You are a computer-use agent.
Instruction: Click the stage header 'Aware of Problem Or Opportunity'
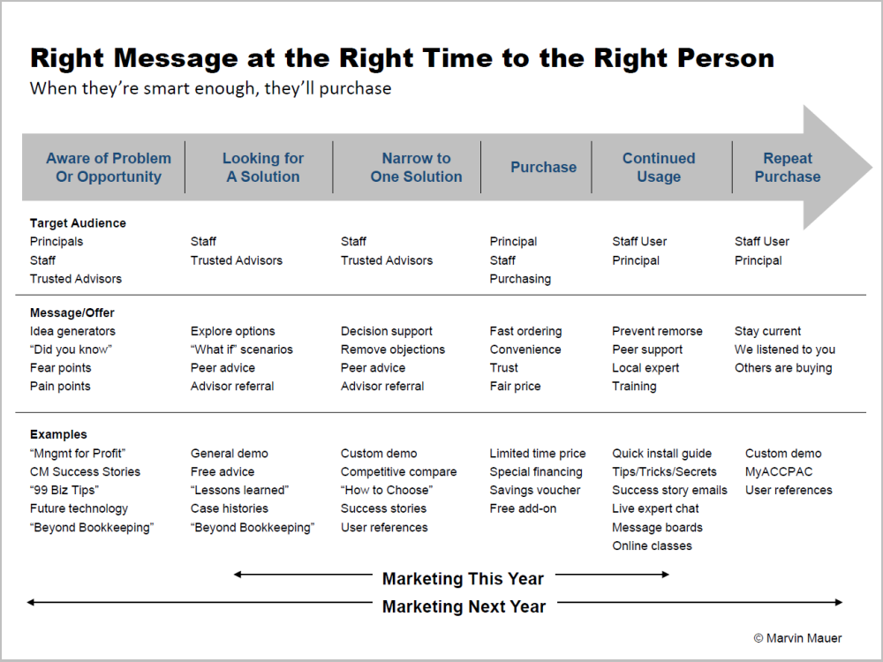point(109,167)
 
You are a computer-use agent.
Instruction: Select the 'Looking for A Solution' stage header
point(263,167)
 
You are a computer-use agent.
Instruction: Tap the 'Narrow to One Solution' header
point(416,167)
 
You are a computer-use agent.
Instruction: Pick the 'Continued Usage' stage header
point(659,167)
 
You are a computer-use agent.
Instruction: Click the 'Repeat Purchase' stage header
point(788,167)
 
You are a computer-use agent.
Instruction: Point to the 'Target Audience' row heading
point(78,223)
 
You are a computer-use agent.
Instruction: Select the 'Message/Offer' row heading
point(72,312)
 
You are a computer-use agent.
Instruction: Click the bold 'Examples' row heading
point(58,434)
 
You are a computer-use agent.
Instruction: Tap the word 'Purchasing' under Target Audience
point(520,279)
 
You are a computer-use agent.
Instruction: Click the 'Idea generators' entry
point(72,331)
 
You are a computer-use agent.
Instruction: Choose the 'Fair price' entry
point(515,387)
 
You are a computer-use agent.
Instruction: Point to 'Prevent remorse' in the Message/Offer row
point(657,331)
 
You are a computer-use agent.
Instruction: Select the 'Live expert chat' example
point(655,508)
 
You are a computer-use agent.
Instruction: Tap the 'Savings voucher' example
point(535,490)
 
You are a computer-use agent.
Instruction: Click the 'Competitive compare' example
point(398,471)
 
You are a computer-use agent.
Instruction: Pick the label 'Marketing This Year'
point(463,579)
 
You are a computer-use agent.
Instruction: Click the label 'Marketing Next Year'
point(464,606)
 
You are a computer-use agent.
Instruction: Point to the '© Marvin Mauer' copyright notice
point(797,637)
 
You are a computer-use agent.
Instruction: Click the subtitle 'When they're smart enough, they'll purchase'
point(210,88)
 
